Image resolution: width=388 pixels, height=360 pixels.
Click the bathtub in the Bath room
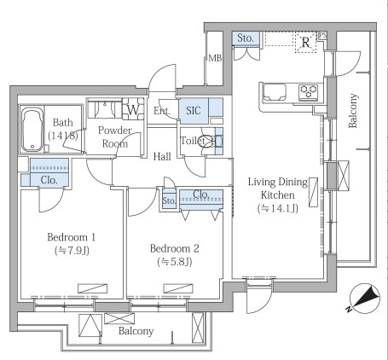point(32,130)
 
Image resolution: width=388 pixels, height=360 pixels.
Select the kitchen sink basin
point(275,92)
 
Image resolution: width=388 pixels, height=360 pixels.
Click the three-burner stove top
point(309,91)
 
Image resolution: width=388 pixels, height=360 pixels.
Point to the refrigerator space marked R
point(305,43)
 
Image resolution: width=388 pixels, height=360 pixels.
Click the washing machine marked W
point(133,109)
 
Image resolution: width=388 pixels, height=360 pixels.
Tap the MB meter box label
point(215,58)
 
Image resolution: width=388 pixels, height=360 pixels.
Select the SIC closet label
point(194,110)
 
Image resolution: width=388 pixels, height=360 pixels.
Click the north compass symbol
point(364,299)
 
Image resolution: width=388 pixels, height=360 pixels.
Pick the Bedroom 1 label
point(71,237)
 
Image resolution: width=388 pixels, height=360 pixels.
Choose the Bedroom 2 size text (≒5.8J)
point(175,262)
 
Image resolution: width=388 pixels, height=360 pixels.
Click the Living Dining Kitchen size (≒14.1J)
point(278,208)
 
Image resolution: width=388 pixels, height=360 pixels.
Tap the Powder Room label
point(115,136)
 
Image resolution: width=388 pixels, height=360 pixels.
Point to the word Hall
point(162,156)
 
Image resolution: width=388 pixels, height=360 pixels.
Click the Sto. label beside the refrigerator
point(246,38)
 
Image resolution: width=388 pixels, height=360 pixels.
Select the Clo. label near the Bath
point(49,180)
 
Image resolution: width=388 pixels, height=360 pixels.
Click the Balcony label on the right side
point(353,111)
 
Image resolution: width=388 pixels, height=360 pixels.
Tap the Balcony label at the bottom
point(136,331)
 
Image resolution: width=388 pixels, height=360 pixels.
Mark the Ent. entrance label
point(162,111)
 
